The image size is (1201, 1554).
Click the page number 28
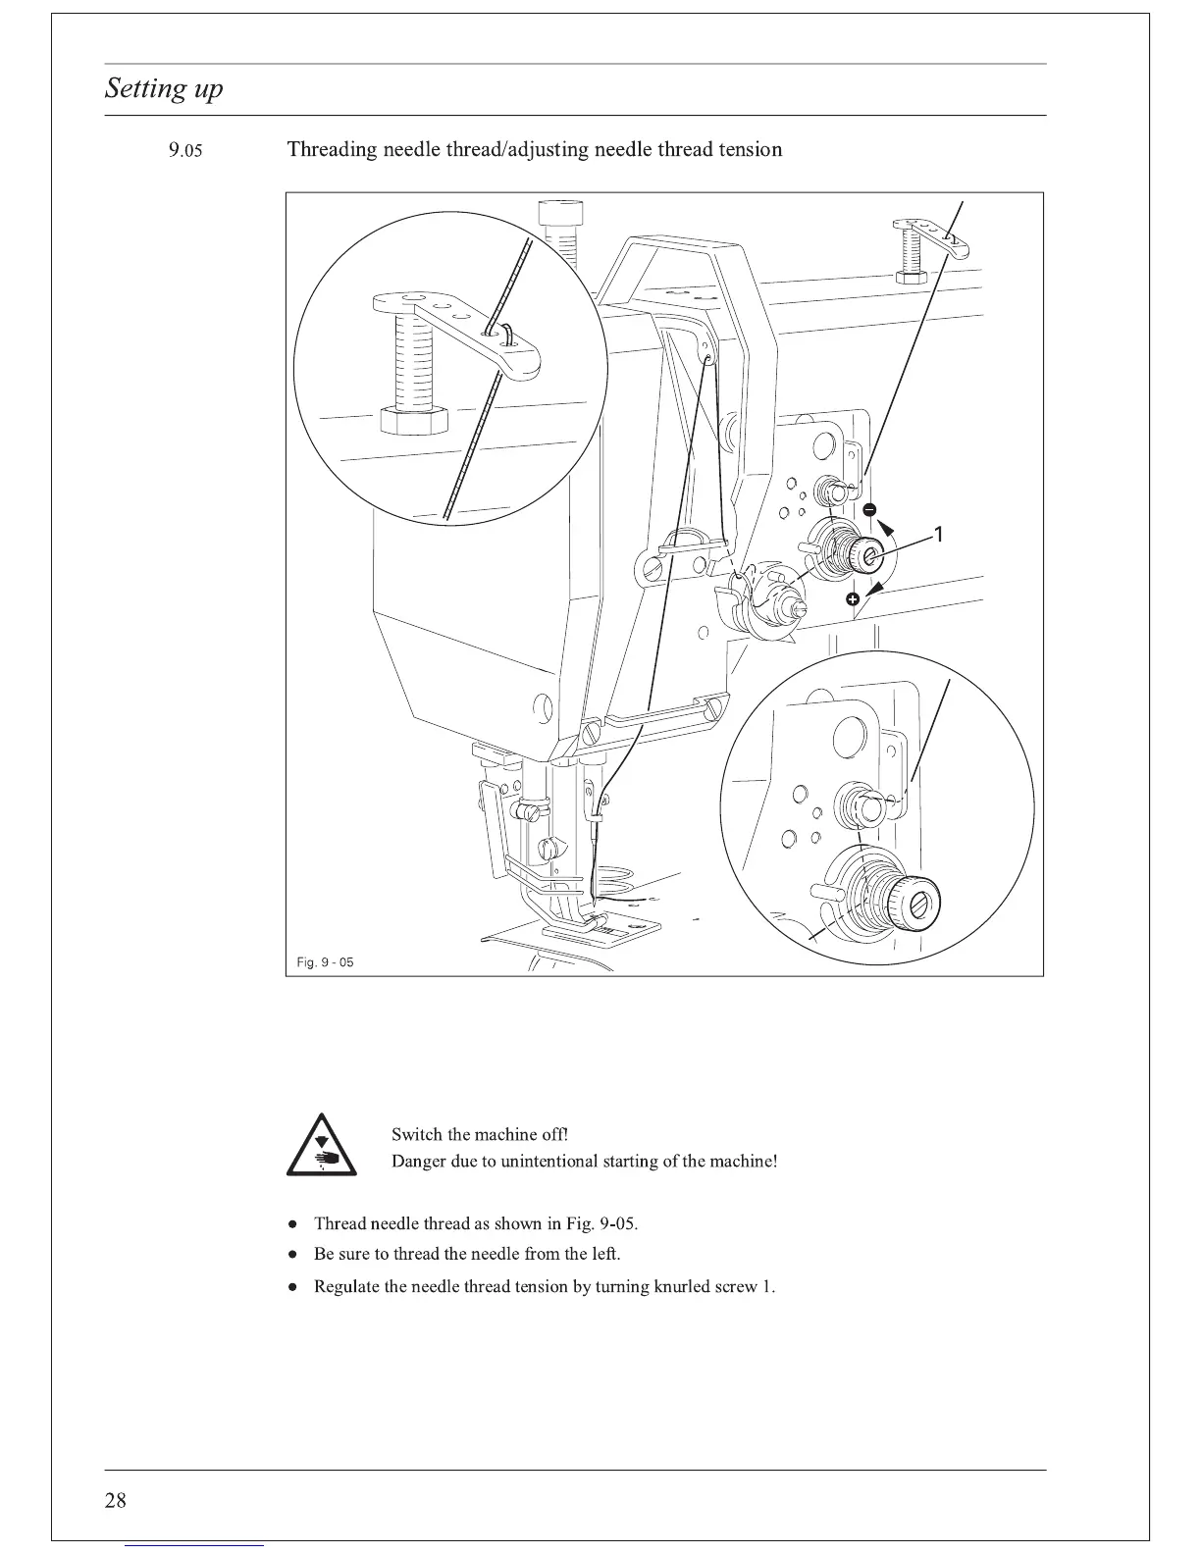click(x=115, y=1500)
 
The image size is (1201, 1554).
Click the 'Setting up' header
click(x=164, y=89)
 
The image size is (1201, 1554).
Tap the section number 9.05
click(x=184, y=151)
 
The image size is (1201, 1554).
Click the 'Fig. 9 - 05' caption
click(x=325, y=962)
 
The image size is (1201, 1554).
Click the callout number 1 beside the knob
click(x=939, y=535)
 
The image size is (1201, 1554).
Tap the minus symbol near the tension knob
click(x=869, y=509)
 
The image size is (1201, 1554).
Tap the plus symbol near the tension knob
click(x=854, y=598)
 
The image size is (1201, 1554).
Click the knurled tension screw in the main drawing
click(x=867, y=555)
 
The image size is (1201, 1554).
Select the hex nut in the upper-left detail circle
click(x=412, y=419)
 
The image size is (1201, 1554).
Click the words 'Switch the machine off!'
click(x=480, y=1135)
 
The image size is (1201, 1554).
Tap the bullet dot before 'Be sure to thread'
click(x=293, y=1255)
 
